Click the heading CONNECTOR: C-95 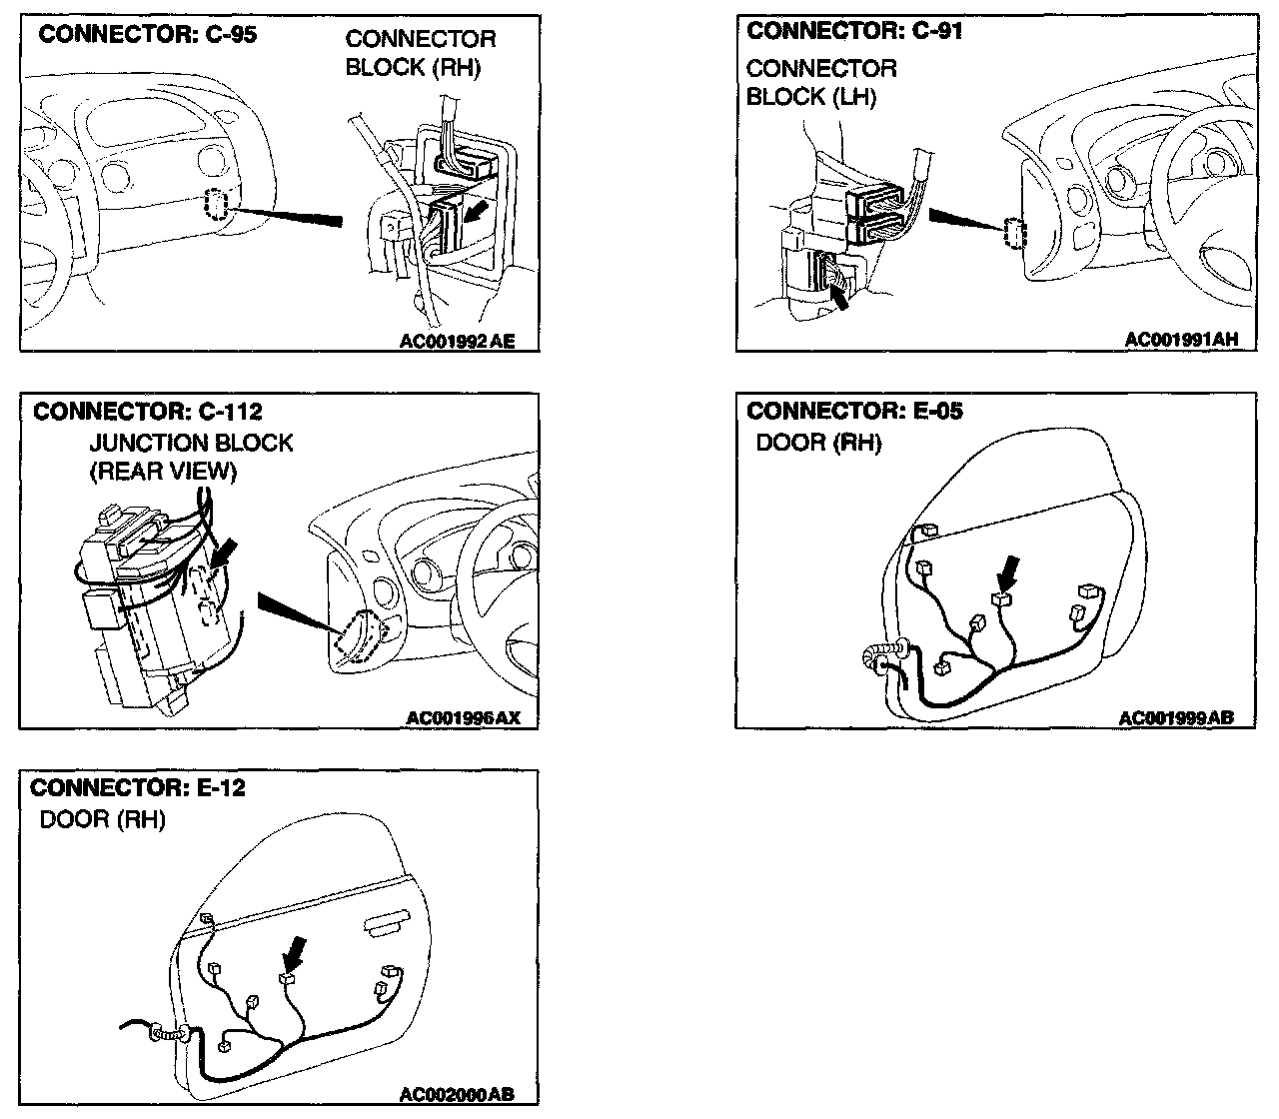pos(147,35)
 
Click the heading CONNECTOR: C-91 pos(855,31)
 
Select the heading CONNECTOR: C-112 pos(148,412)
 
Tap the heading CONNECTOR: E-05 pos(855,411)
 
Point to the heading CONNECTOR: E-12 pos(139,787)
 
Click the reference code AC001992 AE pos(457,342)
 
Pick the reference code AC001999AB pos(1176,717)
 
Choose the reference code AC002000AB pos(457,1094)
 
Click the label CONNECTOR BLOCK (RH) pos(421,54)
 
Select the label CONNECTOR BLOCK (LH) pos(821,83)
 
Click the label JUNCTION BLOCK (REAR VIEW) pos(191,457)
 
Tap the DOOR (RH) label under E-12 pos(102,820)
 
